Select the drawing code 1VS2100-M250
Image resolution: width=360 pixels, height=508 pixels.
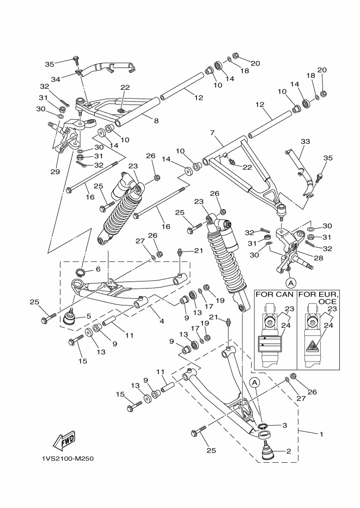tap(68, 458)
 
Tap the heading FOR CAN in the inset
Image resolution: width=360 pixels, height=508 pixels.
tap(275, 295)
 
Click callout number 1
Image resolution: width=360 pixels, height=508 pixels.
tap(321, 434)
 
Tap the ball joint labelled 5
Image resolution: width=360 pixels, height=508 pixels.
tap(69, 318)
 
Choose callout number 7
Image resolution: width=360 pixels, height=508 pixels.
tap(212, 132)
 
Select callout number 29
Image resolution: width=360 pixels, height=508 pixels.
tap(54, 172)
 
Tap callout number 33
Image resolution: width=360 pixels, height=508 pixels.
tap(305, 142)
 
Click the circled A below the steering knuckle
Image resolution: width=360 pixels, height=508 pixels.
tap(291, 283)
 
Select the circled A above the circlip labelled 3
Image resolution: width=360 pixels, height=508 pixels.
tap(254, 383)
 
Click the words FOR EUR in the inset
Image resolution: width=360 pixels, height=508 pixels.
tap(319, 295)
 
